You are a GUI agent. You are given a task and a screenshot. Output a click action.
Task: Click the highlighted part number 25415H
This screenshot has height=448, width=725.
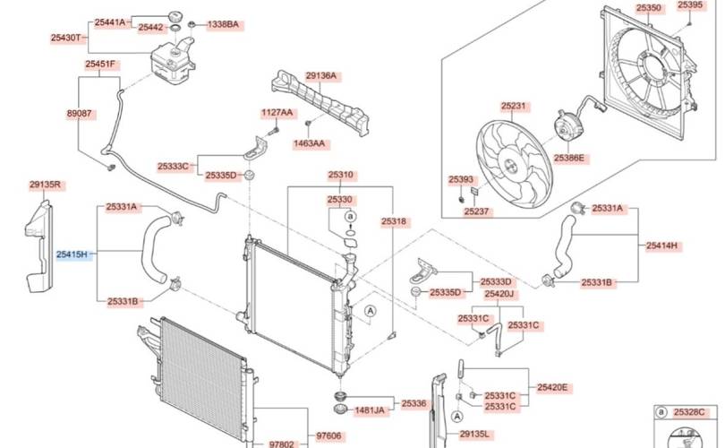click(x=72, y=254)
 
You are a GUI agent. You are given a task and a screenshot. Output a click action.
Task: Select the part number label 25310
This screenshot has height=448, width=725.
click(x=341, y=175)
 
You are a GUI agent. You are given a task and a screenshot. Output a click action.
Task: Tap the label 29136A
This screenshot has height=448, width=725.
click(x=321, y=75)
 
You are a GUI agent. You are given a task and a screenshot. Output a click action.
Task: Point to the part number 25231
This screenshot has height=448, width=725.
click(x=513, y=106)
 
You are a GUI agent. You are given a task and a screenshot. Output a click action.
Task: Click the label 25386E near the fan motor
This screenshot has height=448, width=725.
click(x=568, y=158)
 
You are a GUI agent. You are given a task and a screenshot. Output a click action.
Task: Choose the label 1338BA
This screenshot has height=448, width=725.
click(x=223, y=24)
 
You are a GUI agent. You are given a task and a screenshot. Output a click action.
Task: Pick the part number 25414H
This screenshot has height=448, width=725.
click(x=661, y=246)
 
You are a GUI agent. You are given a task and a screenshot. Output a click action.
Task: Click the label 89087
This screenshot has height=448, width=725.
click(x=80, y=114)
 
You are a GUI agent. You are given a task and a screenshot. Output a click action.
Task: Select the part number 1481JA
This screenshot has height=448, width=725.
click(x=370, y=410)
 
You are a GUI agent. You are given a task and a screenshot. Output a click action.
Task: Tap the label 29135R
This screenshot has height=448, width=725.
click(x=46, y=185)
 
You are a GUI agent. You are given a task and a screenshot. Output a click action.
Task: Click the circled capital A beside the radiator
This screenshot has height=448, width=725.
click(x=370, y=312)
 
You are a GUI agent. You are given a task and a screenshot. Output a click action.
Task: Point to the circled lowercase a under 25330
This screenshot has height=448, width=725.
click(x=351, y=216)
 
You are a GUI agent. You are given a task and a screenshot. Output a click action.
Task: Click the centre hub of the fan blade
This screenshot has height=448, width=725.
click(x=510, y=165)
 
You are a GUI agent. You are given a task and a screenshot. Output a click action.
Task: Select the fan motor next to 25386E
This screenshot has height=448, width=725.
click(x=567, y=125)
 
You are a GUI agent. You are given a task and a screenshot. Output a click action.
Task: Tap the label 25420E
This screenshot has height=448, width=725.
click(x=552, y=387)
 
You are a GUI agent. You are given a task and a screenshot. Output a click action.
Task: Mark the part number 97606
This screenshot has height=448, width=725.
click(x=328, y=435)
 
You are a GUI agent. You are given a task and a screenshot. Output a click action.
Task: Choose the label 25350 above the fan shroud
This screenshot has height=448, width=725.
click(x=649, y=8)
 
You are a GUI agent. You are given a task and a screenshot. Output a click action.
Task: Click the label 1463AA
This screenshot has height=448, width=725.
click(x=309, y=143)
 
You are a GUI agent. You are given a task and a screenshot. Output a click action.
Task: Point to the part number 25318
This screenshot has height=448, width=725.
click(x=394, y=221)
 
